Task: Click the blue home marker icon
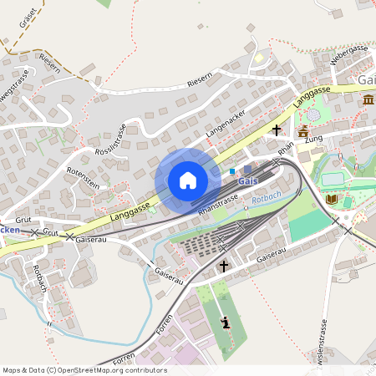coord(188,180)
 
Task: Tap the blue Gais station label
coord(247,181)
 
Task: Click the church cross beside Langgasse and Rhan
coord(277,130)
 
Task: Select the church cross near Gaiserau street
coord(223,266)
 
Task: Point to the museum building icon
coord(368,101)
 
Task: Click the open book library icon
coord(332,200)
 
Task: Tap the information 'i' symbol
coord(224,323)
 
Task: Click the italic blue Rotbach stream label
coord(267,197)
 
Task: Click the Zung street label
coord(314,140)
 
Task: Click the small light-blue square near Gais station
coord(232,171)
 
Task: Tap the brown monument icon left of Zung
coord(302,131)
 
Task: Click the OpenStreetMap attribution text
coord(84,370)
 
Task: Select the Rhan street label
coord(287,147)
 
